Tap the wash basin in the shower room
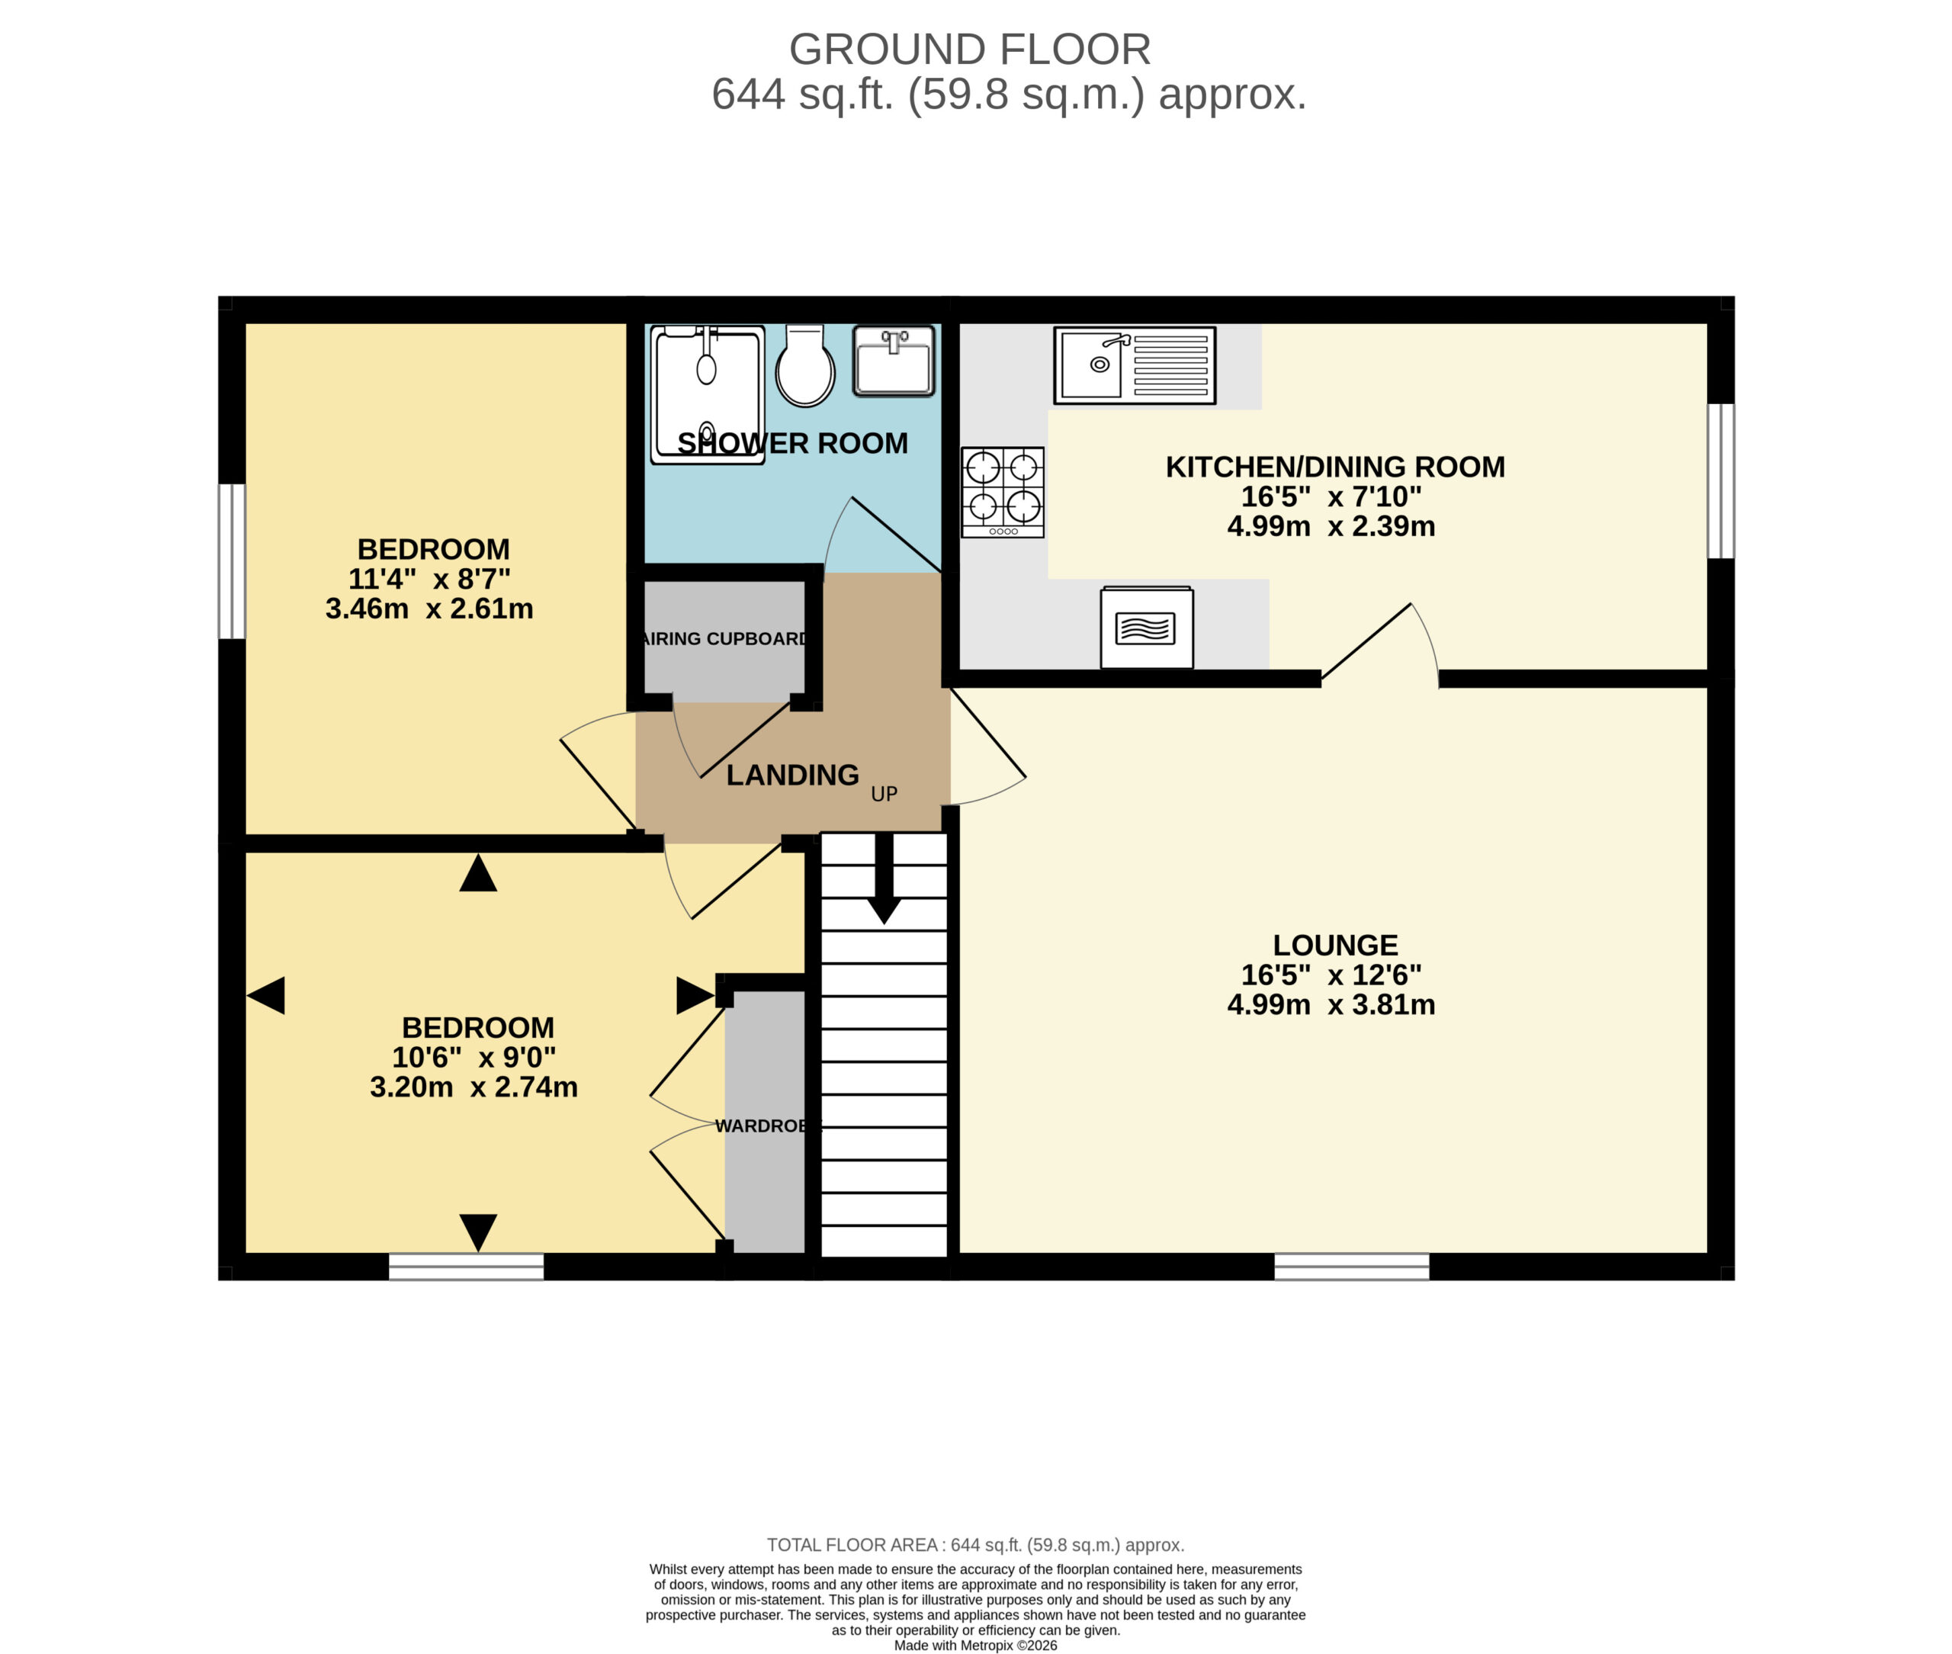[x=894, y=361]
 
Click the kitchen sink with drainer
[x=1135, y=365]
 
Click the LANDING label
[x=792, y=775]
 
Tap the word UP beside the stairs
[x=884, y=794]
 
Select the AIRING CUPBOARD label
[x=724, y=638]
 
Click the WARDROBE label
[x=768, y=1126]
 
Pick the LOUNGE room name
[x=1335, y=944]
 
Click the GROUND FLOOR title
[x=969, y=49]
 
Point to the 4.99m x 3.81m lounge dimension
[x=1331, y=1004]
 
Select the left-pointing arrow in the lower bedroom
[x=265, y=995]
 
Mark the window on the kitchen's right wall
[x=1720, y=481]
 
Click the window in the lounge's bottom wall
[x=1351, y=1266]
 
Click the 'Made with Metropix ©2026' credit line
[x=975, y=1646]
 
